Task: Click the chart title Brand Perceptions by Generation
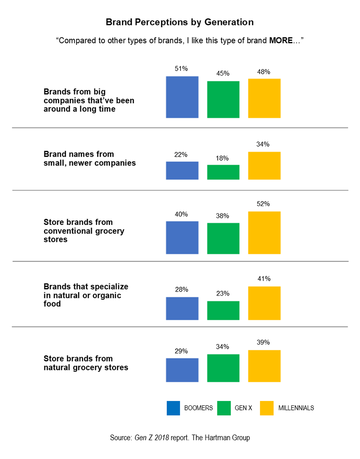(180, 22)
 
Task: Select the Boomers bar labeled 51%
(182, 97)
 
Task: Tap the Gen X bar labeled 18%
(223, 172)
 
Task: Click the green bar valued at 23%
(223, 310)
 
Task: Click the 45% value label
(223, 73)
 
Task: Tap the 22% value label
(182, 154)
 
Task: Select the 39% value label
(264, 342)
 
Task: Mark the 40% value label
(182, 214)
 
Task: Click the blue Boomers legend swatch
(173, 408)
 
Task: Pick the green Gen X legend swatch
(224, 408)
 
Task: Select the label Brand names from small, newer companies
(90, 158)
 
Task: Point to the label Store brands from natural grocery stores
(86, 363)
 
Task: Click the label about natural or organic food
(86, 295)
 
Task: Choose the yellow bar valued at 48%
(264, 98)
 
